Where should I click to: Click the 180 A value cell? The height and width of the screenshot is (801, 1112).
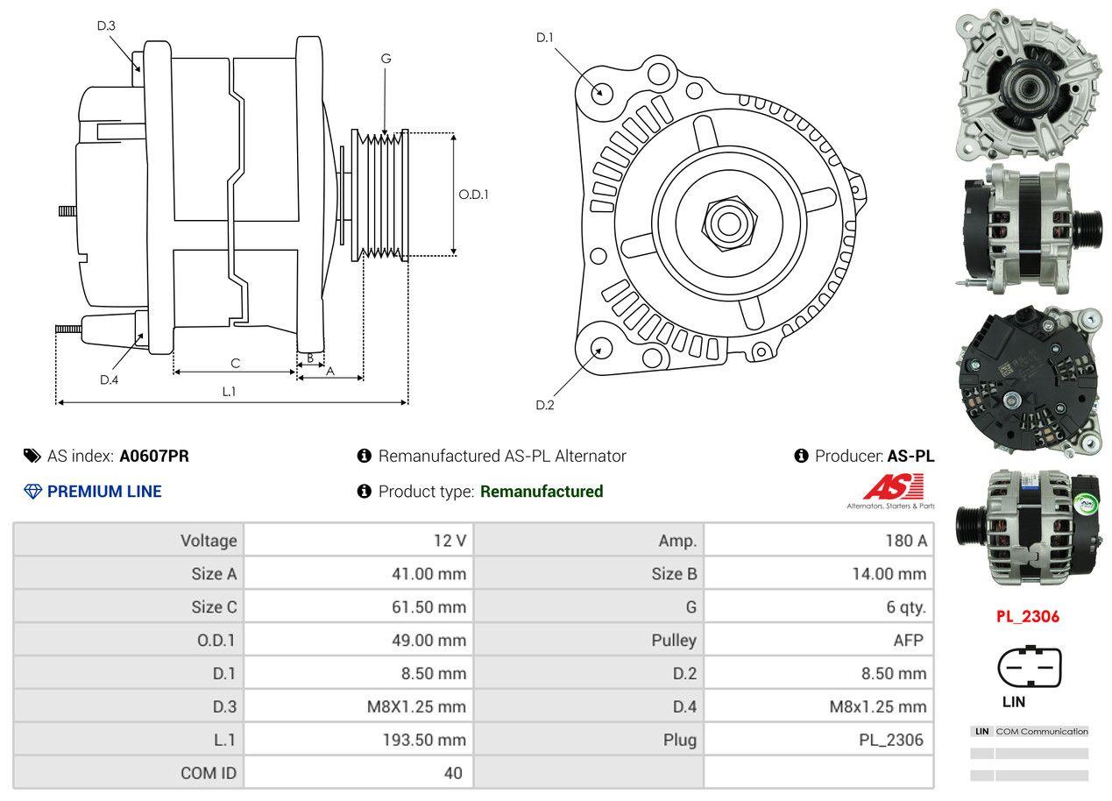(905, 541)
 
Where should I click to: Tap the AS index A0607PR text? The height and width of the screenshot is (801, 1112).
(153, 456)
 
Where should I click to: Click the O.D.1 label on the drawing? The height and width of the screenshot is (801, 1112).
(473, 195)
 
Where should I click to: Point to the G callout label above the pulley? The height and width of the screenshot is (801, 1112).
(386, 59)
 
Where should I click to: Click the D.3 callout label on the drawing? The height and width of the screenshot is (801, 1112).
(106, 25)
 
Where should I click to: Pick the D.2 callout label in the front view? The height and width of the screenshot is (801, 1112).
(545, 405)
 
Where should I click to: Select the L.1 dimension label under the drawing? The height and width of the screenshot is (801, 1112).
(229, 392)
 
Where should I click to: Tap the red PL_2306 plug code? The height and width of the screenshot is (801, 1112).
(1027, 616)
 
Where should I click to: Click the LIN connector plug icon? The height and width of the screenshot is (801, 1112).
(1030, 667)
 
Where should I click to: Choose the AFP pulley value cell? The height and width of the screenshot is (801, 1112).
(908, 641)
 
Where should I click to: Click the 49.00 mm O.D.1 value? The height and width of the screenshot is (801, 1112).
(429, 641)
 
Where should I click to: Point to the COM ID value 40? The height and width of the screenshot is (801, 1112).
(453, 773)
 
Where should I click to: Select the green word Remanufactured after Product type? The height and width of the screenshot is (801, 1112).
(542, 492)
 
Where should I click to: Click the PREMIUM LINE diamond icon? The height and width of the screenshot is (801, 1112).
(32, 492)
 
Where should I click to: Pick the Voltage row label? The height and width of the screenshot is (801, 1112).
(209, 541)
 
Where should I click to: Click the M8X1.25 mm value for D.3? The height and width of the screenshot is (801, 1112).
(416, 706)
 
